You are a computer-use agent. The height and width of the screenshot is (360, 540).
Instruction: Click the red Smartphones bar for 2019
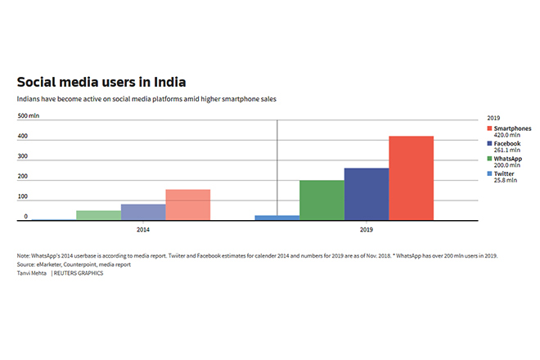(x=411, y=178)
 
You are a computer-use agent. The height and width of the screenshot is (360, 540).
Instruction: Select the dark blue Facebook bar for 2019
(x=367, y=194)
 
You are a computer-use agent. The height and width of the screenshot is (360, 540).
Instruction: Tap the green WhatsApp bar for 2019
(x=322, y=200)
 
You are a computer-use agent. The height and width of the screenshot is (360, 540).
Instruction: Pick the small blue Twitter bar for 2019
(x=277, y=218)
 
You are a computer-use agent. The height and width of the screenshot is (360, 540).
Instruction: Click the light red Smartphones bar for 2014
(x=187, y=205)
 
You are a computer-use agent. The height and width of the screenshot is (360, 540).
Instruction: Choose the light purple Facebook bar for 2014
(x=143, y=212)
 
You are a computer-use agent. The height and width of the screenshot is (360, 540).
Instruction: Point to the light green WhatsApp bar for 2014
(x=98, y=215)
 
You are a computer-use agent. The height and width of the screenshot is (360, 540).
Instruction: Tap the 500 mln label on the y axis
(x=29, y=117)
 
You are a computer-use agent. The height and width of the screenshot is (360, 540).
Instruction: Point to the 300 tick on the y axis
(x=24, y=158)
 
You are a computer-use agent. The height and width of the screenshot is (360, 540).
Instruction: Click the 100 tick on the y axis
(x=24, y=197)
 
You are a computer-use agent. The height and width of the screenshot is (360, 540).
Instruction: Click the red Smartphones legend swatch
(x=488, y=128)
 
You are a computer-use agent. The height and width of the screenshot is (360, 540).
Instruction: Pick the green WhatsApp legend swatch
(x=488, y=159)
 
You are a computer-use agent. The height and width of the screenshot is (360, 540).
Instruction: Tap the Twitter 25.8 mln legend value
(x=505, y=180)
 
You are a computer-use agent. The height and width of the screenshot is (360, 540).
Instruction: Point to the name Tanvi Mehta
(x=32, y=272)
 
